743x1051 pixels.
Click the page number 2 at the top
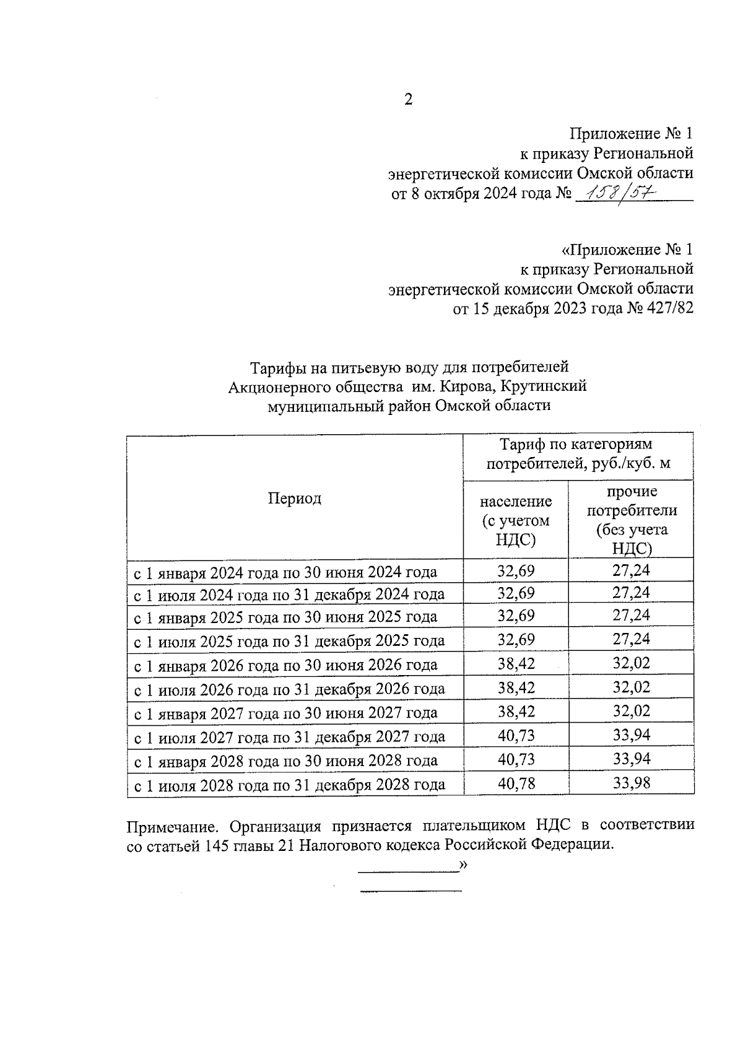tap(408, 100)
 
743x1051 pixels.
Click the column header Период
tap(295, 499)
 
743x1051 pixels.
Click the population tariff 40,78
tap(516, 784)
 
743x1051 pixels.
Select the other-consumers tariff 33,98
tap(632, 784)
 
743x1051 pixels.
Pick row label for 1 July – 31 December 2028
tap(290, 785)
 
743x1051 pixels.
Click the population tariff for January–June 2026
tap(516, 664)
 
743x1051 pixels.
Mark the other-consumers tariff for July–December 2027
tap(632, 736)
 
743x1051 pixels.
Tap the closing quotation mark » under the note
tap(462, 865)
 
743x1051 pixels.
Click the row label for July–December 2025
tap(290, 641)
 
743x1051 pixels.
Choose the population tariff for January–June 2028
tap(516, 759)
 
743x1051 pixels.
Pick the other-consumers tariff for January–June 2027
tap(632, 711)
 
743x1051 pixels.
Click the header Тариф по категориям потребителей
tap(578, 454)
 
